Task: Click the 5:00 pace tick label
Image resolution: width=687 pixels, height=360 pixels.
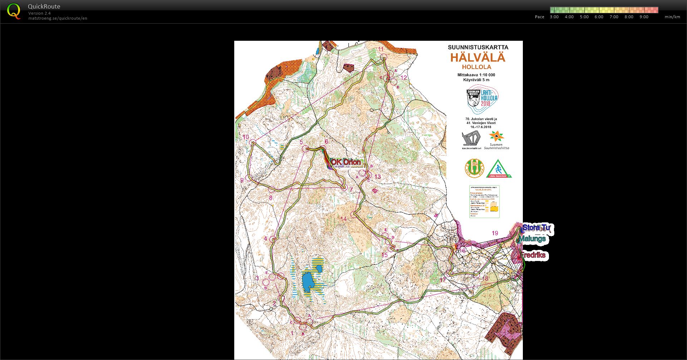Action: pyautogui.click(x=584, y=17)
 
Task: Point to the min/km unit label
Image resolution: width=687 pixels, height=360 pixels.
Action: pyautogui.click(x=672, y=17)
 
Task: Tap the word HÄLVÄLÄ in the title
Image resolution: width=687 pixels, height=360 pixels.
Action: pyautogui.click(x=477, y=58)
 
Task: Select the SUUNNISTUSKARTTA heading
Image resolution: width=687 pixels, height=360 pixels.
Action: pyautogui.click(x=478, y=47)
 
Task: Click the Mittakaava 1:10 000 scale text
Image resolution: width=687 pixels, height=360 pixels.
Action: pyautogui.click(x=476, y=75)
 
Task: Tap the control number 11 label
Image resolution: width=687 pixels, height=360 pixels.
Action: pyautogui.click(x=381, y=49)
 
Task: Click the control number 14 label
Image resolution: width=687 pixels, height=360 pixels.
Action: pyautogui.click(x=343, y=219)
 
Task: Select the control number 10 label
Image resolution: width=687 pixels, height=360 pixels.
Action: pyautogui.click(x=245, y=137)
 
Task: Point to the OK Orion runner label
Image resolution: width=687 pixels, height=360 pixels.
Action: pyautogui.click(x=345, y=163)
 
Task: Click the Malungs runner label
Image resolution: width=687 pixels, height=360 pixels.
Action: pyautogui.click(x=533, y=239)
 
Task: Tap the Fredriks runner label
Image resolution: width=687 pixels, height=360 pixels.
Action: pyautogui.click(x=533, y=255)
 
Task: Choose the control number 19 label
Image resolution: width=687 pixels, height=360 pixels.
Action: pyautogui.click(x=495, y=233)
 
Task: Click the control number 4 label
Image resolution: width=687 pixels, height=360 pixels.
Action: pyautogui.click(x=265, y=239)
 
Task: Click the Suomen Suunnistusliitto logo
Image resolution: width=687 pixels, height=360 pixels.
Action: pyautogui.click(x=496, y=140)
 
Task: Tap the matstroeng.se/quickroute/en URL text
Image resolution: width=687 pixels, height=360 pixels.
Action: pyautogui.click(x=58, y=18)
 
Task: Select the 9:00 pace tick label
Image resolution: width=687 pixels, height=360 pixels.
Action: pyautogui.click(x=644, y=17)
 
